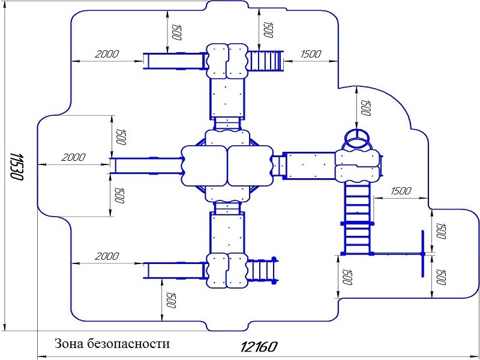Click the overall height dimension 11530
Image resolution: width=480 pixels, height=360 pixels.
coord(16,167)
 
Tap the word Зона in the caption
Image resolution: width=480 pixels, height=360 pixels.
coord(69,344)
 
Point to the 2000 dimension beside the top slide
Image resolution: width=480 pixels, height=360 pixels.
coord(106,54)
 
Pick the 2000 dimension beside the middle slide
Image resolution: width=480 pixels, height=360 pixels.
coord(73,157)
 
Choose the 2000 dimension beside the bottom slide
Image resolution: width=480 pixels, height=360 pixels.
coord(107,256)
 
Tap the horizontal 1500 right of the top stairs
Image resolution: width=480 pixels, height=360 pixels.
coord(311,54)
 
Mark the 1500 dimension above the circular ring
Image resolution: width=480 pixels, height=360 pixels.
coord(365,108)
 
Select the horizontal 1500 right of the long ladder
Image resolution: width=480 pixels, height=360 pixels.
coord(401,191)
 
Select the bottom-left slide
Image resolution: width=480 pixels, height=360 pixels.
coord(175,270)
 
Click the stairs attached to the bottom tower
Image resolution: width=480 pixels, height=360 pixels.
coord(263,270)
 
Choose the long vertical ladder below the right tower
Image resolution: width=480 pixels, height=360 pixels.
coord(358,217)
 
